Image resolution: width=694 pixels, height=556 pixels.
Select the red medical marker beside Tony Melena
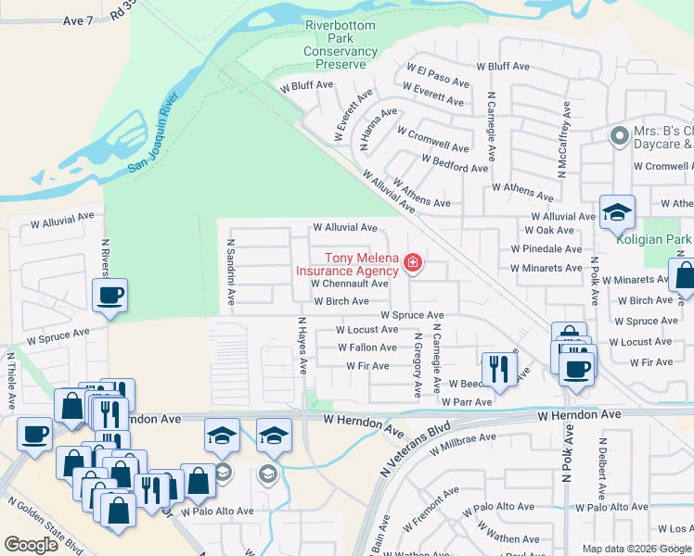pos(412,265)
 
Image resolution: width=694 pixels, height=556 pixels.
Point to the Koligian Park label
pos(654,238)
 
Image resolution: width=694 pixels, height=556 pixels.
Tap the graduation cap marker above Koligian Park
pos(617,213)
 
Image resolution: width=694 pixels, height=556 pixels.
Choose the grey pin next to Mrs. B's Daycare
pos(619,136)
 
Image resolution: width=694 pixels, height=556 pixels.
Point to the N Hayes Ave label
pos(301,345)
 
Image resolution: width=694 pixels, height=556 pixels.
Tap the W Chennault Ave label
pos(349,284)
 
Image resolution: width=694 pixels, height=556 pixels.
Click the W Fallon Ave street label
pos(367,347)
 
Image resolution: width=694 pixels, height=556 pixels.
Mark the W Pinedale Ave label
pos(546,249)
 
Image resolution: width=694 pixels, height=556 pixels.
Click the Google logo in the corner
pos(31,545)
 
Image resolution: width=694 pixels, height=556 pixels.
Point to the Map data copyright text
pos(636,549)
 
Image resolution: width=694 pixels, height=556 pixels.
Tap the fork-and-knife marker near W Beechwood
pos(499,369)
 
